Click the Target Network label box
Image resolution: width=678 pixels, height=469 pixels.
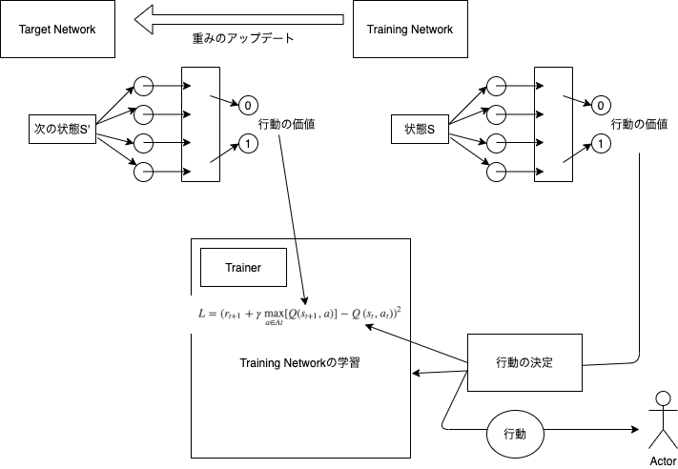click(58, 30)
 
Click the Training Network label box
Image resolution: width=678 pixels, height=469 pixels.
click(410, 30)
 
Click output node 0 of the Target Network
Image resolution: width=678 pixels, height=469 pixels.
click(248, 106)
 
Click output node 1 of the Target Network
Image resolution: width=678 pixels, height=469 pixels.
click(248, 145)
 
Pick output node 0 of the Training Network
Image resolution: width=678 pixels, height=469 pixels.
click(601, 106)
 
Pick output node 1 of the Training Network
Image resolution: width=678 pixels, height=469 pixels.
click(601, 145)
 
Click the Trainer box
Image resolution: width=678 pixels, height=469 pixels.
click(243, 268)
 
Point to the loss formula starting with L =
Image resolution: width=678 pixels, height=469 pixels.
click(298, 314)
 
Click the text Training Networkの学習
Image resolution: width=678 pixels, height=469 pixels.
click(299, 364)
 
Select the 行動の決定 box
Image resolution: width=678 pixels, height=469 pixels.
click(524, 362)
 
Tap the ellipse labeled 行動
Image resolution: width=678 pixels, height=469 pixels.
click(514, 434)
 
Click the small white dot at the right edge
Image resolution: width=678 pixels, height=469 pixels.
click(664, 398)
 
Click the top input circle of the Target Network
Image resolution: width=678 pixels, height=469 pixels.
click(144, 87)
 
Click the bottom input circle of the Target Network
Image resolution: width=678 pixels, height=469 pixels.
click(144, 173)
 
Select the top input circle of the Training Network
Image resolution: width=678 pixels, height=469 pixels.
click(497, 87)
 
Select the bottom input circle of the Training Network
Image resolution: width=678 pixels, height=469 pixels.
click(497, 173)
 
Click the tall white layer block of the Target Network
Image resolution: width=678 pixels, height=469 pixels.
click(201, 125)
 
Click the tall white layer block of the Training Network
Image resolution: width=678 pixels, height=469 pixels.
click(554, 125)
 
